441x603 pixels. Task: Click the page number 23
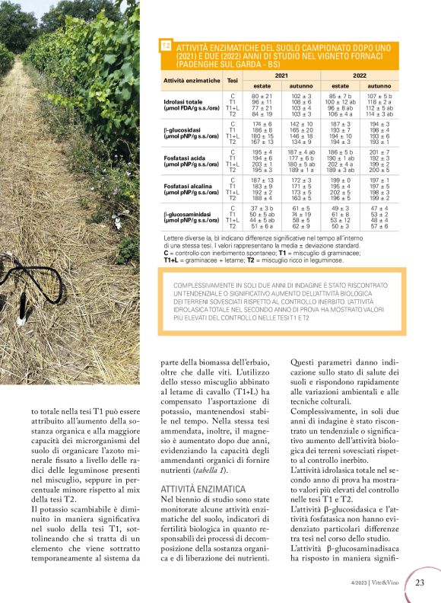tap(420, 584)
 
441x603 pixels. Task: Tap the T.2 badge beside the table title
tap(166, 46)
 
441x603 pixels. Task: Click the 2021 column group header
tap(281, 77)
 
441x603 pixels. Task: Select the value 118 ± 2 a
tap(379, 101)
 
